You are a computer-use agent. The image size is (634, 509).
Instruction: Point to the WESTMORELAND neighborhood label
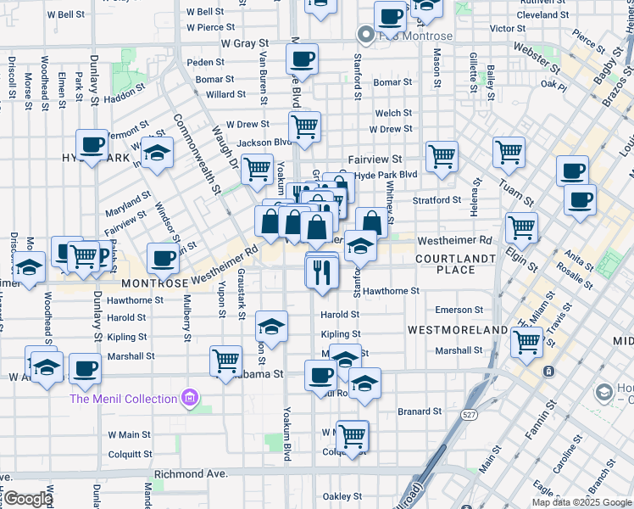pos(457,329)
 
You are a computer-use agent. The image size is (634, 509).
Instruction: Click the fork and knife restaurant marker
pos(321,271)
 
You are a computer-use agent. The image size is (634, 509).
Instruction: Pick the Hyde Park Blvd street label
pos(387,174)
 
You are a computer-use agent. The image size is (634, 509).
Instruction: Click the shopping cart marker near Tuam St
pos(509,153)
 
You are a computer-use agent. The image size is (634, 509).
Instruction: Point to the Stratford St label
pos(437,200)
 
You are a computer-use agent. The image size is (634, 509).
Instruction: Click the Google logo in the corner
pos(27,499)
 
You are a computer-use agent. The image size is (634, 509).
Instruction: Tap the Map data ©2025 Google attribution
pos(581,502)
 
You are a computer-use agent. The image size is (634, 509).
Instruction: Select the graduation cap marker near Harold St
pos(270,326)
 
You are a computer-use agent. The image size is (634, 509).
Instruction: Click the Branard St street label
pos(420,411)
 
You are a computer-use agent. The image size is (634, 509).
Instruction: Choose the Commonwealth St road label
pos(197,154)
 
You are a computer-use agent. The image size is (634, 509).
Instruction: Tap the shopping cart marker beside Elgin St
pos(521,227)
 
